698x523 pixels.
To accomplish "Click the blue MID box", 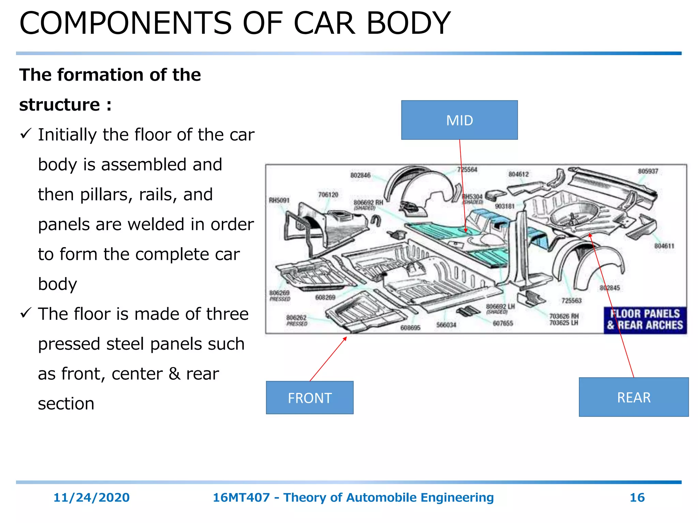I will click(459, 120).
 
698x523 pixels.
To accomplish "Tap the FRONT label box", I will click(309, 397).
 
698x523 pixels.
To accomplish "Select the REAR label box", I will click(634, 397).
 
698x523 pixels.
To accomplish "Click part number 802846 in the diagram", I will click(360, 175).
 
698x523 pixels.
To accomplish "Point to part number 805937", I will click(648, 171).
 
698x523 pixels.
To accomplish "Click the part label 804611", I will click(664, 246).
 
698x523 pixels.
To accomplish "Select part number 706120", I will click(328, 194).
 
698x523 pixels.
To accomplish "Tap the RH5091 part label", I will click(279, 200).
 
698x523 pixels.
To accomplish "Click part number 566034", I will click(446, 325).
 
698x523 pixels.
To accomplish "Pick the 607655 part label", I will click(503, 323).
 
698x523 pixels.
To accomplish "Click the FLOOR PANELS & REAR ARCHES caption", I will click(645, 320).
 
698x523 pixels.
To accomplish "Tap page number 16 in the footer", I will click(637, 497).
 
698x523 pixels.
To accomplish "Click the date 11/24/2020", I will click(91, 497).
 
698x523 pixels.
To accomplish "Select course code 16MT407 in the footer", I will click(241, 497).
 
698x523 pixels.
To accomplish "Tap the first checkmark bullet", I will click(26, 133).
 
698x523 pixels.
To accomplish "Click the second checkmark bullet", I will click(26, 313).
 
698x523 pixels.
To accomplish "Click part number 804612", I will click(518, 174).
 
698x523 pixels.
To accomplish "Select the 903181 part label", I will click(504, 206).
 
